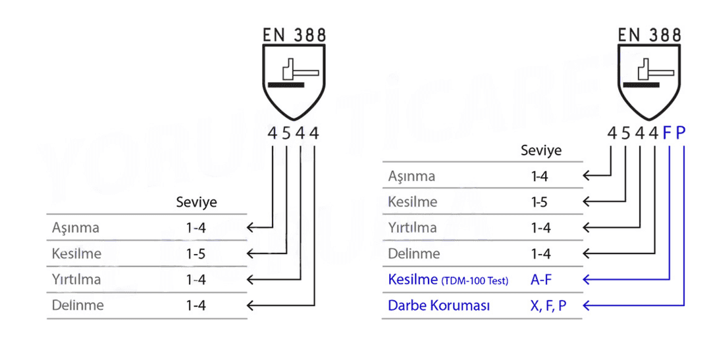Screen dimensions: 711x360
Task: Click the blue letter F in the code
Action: click(666, 134)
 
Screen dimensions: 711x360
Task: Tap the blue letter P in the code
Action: click(681, 134)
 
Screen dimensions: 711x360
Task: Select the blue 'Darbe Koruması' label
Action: click(438, 305)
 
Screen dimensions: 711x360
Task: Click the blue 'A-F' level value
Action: click(541, 279)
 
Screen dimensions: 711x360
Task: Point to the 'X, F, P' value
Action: click(548, 305)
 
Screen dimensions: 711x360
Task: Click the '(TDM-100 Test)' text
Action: click(475, 281)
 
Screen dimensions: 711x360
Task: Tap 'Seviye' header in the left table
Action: click(196, 202)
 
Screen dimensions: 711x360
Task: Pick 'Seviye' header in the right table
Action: click(541, 151)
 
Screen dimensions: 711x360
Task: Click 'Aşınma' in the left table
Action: click(75, 228)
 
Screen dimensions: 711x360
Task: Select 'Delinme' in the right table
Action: click(413, 253)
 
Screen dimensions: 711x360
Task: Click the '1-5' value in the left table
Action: click(196, 253)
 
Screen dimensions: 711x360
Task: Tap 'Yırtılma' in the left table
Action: click(76, 279)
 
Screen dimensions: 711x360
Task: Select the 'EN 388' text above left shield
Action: click(294, 35)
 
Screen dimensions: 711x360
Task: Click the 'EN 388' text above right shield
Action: click(649, 35)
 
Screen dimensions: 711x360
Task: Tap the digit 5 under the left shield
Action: click(286, 134)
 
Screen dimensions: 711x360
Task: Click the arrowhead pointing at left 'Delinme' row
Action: click(250, 305)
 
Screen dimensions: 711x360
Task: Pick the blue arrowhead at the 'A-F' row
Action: click(587, 279)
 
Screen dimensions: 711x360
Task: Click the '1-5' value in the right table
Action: click(540, 202)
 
